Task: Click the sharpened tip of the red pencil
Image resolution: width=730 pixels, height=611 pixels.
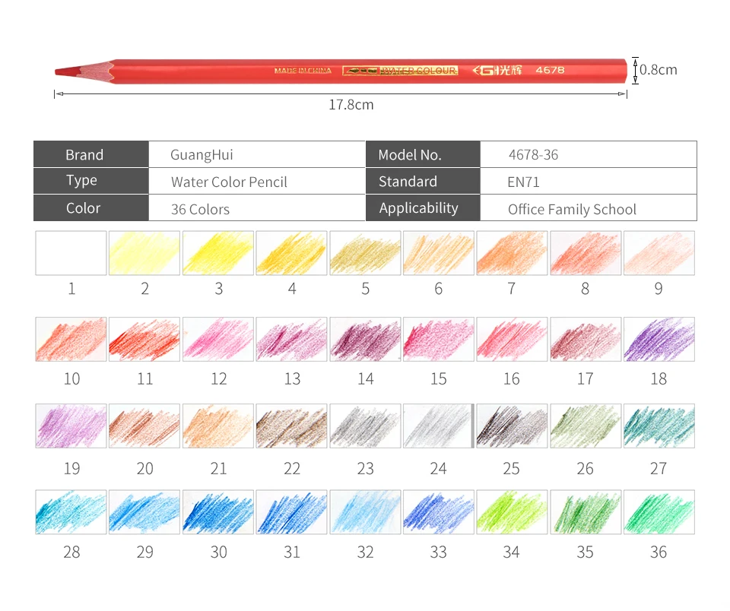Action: (x=56, y=71)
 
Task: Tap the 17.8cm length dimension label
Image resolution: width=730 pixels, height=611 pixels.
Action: (x=351, y=105)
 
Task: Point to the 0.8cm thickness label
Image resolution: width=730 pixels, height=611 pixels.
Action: (x=658, y=70)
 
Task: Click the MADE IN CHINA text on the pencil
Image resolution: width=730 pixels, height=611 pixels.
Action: (x=303, y=71)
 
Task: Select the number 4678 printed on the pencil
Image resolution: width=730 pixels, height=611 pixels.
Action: (x=550, y=70)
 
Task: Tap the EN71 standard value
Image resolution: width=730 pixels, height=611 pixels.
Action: (x=523, y=182)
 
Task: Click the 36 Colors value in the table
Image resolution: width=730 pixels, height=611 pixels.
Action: (x=200, y=210)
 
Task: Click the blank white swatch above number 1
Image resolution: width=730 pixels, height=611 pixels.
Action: (x=71, y=253)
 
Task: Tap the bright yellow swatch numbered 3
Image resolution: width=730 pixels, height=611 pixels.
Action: (x=218, y=253)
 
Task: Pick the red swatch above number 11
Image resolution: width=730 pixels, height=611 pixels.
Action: (x=144, y=339)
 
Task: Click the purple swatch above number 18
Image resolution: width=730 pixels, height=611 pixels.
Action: (x=659, y=339)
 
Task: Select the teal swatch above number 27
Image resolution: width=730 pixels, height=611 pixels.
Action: (x=659, y=426)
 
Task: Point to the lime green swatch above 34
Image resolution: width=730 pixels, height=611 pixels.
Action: (x=512, y=512)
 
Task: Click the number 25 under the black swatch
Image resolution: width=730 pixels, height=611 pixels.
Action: (x=511, y=469)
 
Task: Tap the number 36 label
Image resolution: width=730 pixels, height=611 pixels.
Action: (x=659, y=552)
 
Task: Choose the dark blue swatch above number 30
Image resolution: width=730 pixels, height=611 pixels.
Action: (x=218, y=512)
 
